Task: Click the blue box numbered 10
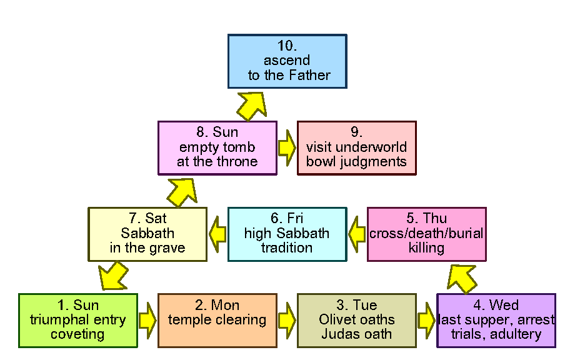click(x=287, y=61)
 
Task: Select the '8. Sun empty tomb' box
click(x=217, y=148)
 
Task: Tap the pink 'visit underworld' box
click(x=356, y=148)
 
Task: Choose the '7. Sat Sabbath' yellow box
click(x=147, y=234)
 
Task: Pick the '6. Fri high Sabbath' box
click(x=287, y=234)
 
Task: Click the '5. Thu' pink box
click(x=426, y=234)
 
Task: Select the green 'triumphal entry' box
click(x=77, y=320)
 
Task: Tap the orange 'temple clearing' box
click(x=217, y=320)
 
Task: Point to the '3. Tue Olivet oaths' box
click(x=356, y=320)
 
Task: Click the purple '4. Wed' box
click(x=496, y=320)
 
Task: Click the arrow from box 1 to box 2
click(x=147, y=320)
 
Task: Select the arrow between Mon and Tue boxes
click(x=287, y=320)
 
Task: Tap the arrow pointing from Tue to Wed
click(x=426, y=320)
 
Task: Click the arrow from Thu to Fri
click(x=357, y=234)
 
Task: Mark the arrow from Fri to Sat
click(x=217, y=234)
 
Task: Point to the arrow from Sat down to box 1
click(x=112, y=276)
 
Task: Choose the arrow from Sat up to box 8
click(x=183, y=191)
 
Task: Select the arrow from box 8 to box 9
click(x=287, y=148)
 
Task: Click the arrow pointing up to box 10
click(x=252, y=105)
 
